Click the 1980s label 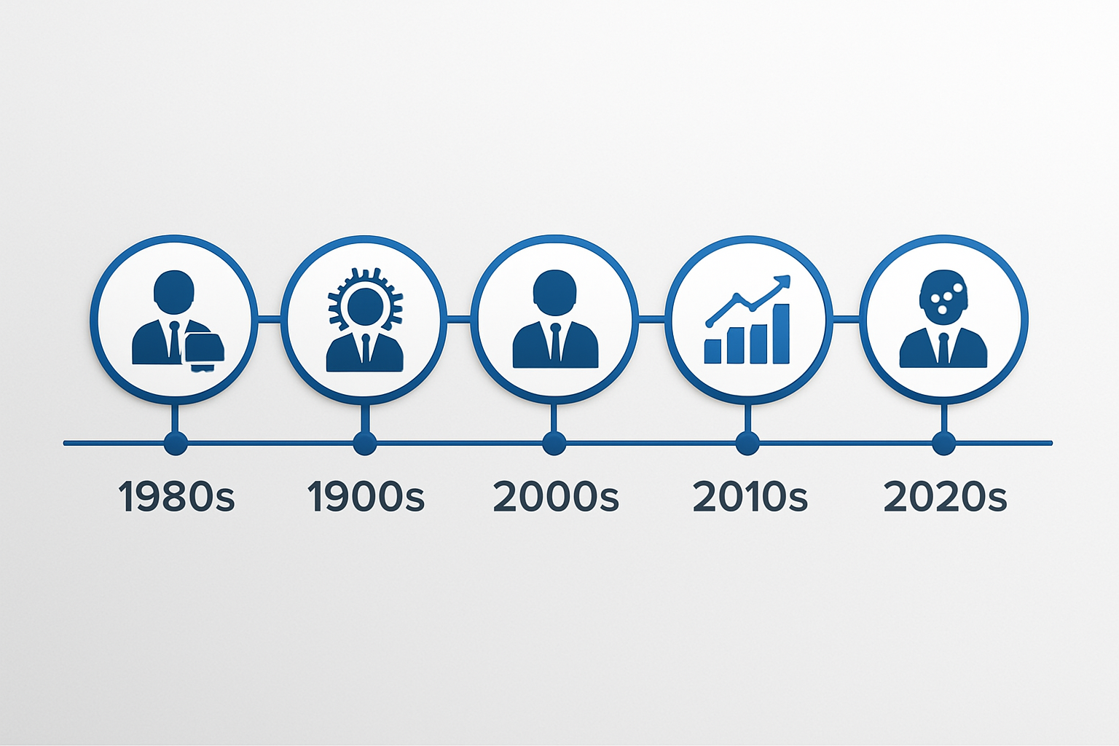[176, 497]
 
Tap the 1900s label [366, 497]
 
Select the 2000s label [555, 497]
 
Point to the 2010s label [750, 497]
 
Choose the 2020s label [945, 497]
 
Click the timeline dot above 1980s [176, 442]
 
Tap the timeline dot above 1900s [364, 442]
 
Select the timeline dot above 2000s [554, 442]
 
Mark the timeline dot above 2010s [747, 442]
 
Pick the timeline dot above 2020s [943, 442]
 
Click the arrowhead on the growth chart [782, 280]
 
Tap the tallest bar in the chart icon [780, 334]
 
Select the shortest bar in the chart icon [712, 350]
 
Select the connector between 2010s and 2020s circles [846, 318]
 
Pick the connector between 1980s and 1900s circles [269, 318]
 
